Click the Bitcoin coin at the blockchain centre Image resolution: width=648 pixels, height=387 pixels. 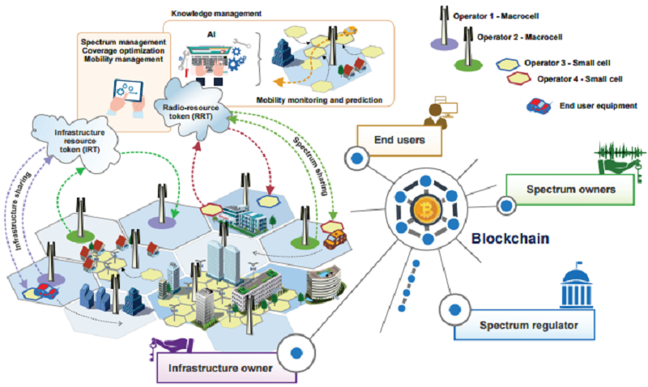point(424,211)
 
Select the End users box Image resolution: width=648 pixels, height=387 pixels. point(400,140)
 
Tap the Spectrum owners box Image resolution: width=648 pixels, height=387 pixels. point(567,189)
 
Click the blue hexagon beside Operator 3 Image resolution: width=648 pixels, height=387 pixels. point(508,63)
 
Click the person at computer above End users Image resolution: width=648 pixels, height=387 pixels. point(437,112)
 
